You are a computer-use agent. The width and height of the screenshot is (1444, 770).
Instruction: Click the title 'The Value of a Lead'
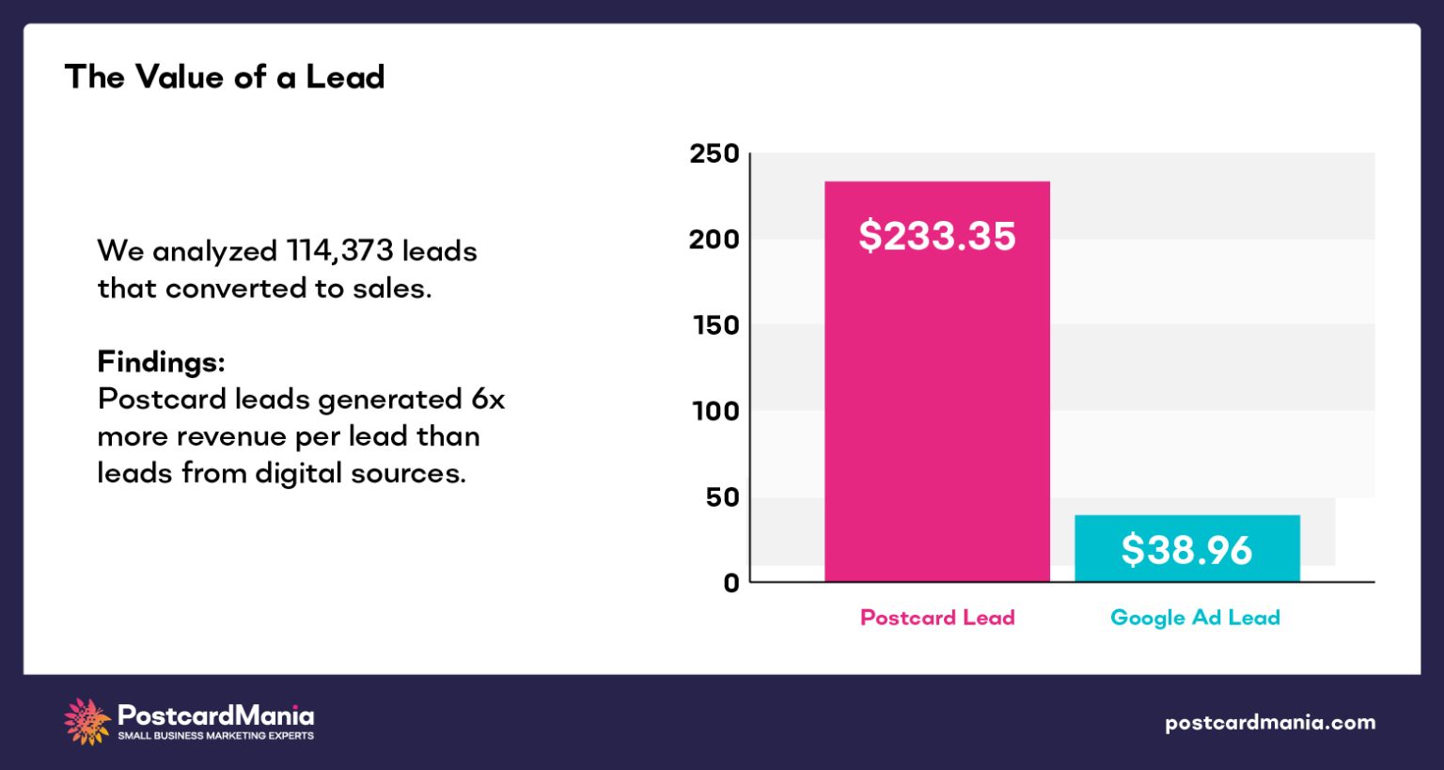(225, 77)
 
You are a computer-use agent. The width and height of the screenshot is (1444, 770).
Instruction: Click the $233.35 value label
(936, 235)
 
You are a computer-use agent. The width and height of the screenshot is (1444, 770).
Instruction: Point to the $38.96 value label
(1186, 550)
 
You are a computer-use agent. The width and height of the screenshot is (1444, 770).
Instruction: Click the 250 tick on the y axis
(714, 153)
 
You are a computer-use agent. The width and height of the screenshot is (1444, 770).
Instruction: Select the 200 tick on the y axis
(714, 240)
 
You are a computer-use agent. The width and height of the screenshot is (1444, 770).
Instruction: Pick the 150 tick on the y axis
(715, 325)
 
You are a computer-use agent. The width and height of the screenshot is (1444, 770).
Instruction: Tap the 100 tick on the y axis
(715, 411)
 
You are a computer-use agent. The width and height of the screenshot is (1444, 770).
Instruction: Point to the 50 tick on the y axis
(722, 497)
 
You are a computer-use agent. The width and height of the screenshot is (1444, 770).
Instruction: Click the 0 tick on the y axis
(730, 583)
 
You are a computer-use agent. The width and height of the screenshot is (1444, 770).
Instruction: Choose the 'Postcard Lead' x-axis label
(937, 618)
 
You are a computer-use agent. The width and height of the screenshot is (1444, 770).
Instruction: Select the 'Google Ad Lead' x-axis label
(1195, 618)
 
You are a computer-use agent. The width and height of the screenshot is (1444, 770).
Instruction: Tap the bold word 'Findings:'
(161, 362)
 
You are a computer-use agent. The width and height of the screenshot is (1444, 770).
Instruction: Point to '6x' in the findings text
(488, 400)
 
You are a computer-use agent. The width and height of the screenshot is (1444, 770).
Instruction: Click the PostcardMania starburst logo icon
(86, 722)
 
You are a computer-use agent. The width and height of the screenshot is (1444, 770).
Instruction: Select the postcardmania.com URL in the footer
(1269, 723)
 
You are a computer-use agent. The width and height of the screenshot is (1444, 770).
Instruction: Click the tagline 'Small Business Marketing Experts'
(215, 736)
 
